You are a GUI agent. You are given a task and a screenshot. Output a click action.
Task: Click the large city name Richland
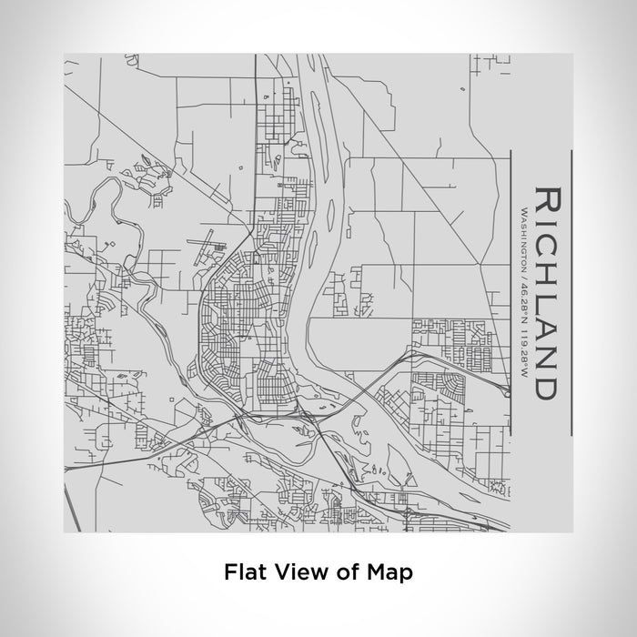coord(546,291)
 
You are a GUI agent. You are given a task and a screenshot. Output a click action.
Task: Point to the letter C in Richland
coord(546,238)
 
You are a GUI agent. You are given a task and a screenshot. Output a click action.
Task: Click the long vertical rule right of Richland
coord(571,291)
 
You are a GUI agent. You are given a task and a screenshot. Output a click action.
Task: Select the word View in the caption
coord(291,572)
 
